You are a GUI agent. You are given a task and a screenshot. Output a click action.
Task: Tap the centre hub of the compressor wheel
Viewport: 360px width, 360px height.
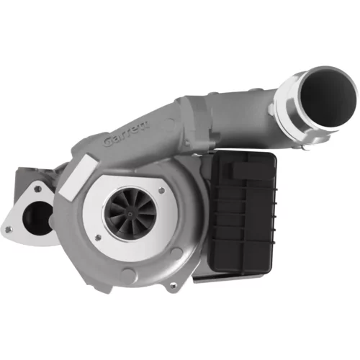130,214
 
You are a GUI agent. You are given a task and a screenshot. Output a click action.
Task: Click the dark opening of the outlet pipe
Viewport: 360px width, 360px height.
328,99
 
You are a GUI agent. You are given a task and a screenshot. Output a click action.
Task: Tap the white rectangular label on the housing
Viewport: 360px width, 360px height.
78,178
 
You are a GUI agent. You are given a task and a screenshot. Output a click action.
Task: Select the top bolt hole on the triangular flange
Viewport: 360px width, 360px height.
37,189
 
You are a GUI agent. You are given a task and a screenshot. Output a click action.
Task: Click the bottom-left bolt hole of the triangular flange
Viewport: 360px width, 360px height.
9,230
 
